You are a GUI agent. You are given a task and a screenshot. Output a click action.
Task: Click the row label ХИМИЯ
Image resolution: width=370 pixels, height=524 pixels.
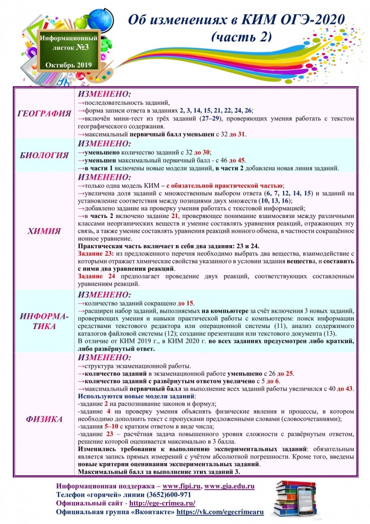coord(44,231)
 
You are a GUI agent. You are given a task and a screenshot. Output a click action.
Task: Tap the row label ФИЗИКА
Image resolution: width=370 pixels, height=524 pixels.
coord(44,419)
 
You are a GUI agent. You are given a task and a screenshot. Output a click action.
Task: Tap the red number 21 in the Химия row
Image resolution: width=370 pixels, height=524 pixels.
coord(175,216)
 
